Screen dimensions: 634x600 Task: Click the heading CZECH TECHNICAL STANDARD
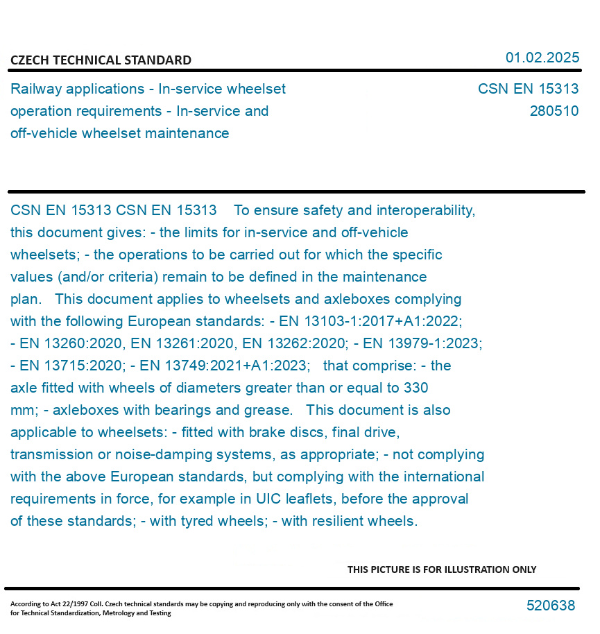(101, 60)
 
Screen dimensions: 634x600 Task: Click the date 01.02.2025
(542, 58)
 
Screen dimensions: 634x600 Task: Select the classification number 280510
(554, 111)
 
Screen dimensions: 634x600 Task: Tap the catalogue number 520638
(551, 606)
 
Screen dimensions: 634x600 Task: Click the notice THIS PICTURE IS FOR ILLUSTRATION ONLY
(442, 569)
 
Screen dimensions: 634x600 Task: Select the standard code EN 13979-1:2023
(422, 343)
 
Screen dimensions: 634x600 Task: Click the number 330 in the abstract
(415, 388)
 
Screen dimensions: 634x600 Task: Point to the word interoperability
(423, 210)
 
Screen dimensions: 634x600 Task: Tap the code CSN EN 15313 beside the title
(528, 89)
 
